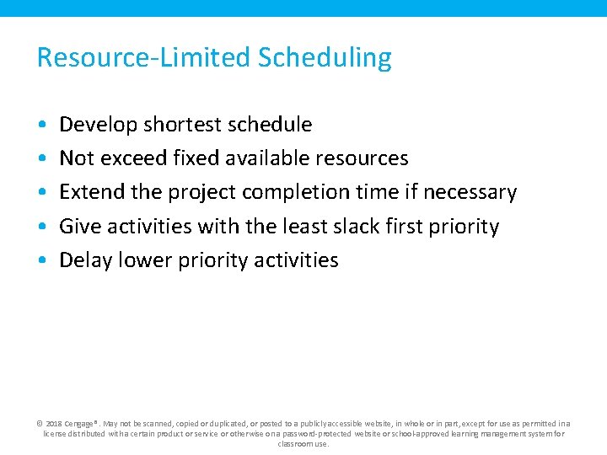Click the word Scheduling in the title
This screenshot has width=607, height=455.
coord(325,58)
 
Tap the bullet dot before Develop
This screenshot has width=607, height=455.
coord(42,125)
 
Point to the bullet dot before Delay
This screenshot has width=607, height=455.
coord(42,260)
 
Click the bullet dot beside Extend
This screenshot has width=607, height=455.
coord(42,193)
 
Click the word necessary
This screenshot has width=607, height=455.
coord(470,192)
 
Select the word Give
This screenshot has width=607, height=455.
coord(78,227)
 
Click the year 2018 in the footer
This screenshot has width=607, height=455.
coord(54,424)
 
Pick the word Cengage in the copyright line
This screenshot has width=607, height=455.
coord(80,424)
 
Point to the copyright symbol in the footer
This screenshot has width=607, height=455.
coord(40,424)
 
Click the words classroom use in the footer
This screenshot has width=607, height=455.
coord(303,443)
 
